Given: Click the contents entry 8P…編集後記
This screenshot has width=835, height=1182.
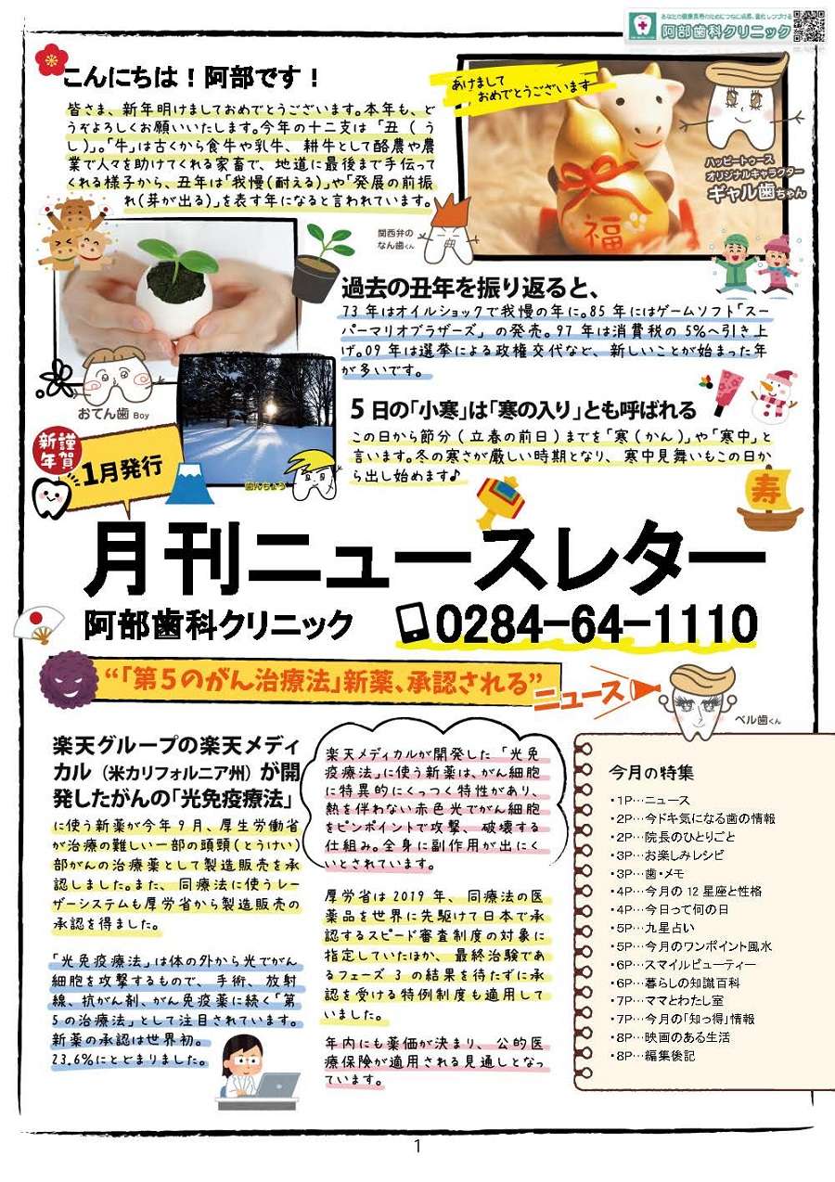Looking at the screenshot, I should pyautogui.click(x=653, y=1056).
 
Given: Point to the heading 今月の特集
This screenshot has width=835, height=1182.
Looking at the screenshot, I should pyautogui.click(x=650, y=772).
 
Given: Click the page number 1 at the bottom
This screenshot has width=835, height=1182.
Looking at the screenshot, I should pyautogui.click(x=417, y=1147).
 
